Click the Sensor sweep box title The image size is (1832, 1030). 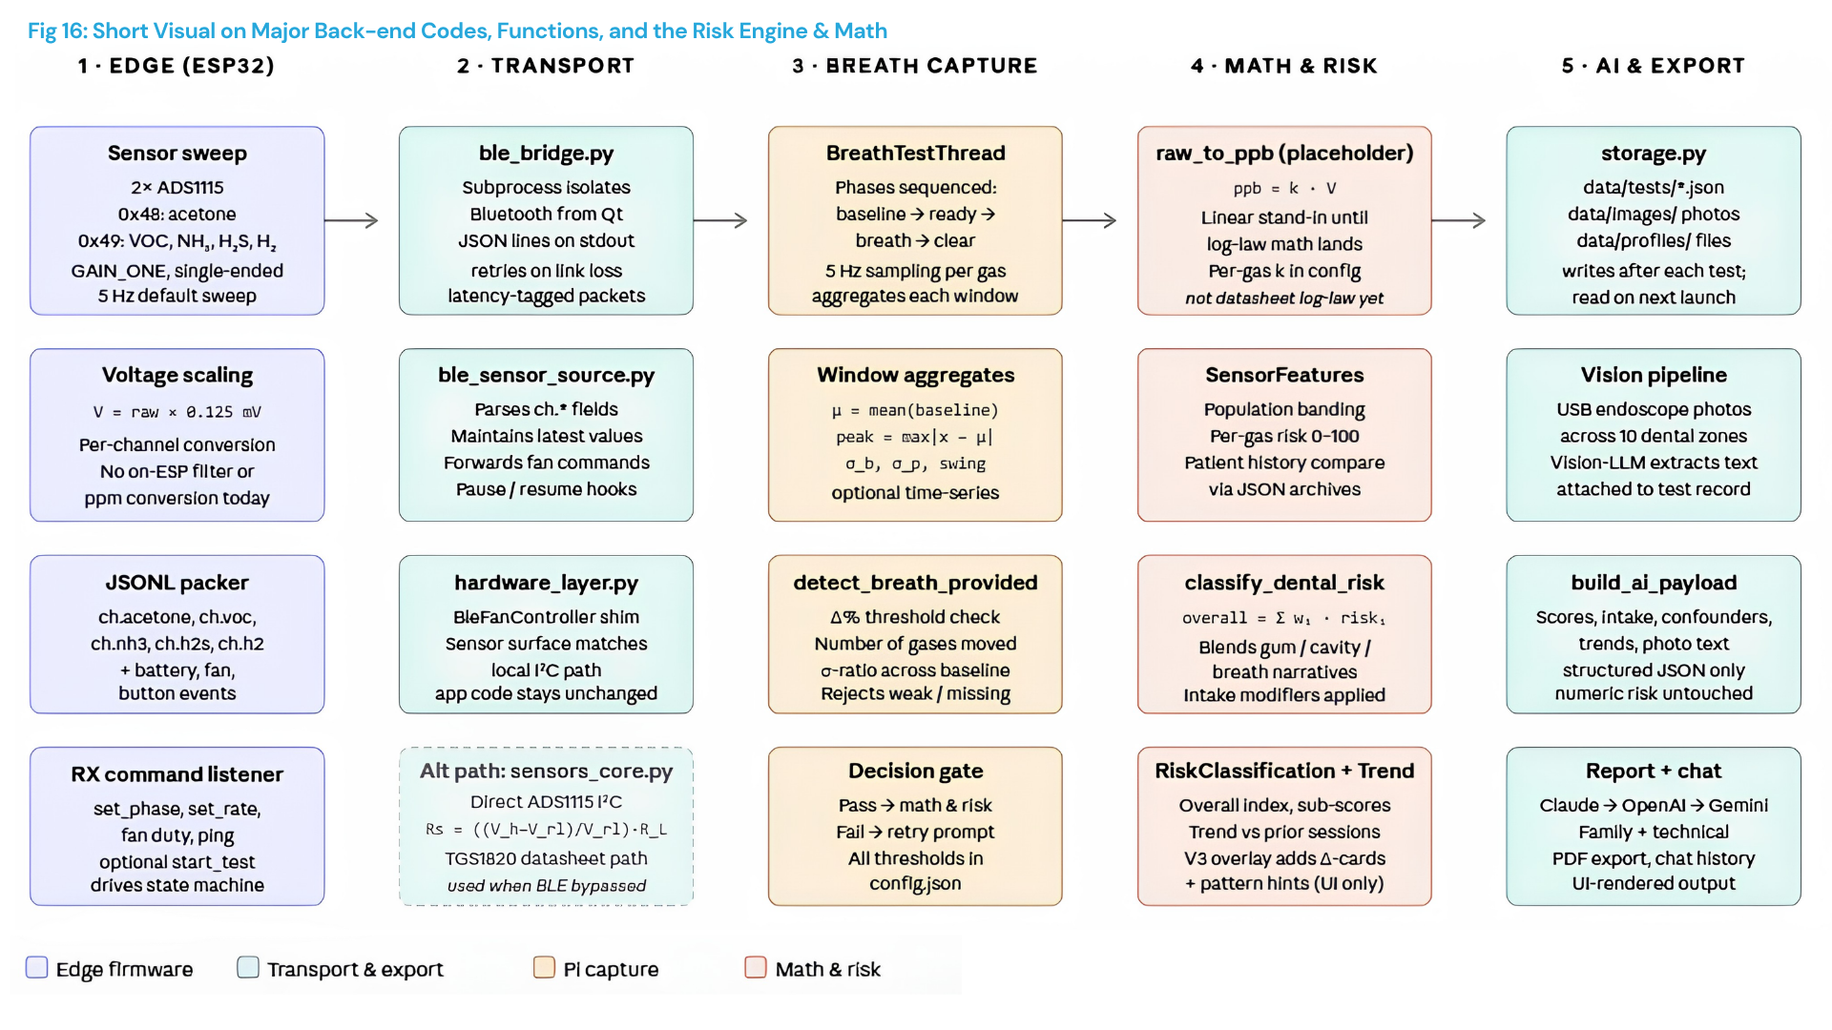(177, 154)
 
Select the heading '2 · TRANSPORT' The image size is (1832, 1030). (546, 66)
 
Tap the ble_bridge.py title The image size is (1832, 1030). (546, 154)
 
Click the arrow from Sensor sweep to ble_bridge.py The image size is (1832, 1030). (351, 220)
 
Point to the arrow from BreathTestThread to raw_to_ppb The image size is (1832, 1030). (1089, 220)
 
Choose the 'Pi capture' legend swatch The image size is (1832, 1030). (544, 967)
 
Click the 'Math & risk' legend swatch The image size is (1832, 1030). (755, 967)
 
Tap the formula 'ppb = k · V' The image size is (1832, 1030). (1284, 189)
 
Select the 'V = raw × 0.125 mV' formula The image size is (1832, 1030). (177, 412)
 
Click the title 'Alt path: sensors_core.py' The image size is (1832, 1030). (546, 771)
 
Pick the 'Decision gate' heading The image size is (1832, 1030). (915, 771)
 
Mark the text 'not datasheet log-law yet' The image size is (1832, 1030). (1284, 299)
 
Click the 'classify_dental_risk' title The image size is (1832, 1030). (1284, 583)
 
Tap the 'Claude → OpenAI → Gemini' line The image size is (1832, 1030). (1654, 805)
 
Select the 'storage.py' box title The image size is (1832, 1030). (1654, 154)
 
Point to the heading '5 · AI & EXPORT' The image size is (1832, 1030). (1653, 66)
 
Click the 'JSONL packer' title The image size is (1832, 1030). (177, 583)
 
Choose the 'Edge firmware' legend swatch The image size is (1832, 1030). (36, 967)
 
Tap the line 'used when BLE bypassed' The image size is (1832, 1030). (546, 886)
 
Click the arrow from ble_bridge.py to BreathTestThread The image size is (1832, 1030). (719, 220)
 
